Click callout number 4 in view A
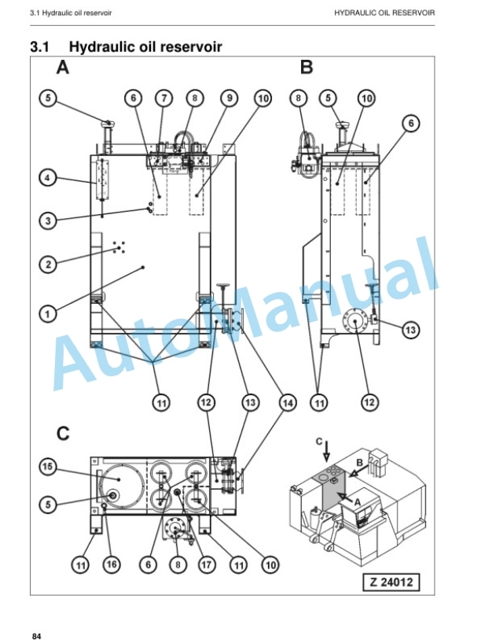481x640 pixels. tap(48, 178)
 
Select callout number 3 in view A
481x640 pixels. tap(48, 221)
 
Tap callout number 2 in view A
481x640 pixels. tap(48, 264)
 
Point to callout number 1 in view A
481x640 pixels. tap(48, 314)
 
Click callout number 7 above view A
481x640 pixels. tap(163, 98)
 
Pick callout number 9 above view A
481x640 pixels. tap(229, 98)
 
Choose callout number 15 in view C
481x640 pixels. tap(48, 466)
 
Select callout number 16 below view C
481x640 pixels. tap(112, 564)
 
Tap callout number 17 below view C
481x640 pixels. tap(206, 564)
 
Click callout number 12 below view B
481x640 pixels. tap(369, 402)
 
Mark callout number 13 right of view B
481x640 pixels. tap(410, 329)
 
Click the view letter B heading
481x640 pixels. tap(307, 67)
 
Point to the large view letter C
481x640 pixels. tap(63, 433)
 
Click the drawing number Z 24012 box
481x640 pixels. tap(391, 582)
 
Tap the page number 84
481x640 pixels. tap(37, 636)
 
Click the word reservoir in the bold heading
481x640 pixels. tap(191, 46)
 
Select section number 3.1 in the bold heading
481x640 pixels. tap(39, 46)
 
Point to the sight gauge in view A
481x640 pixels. tap(102, 179)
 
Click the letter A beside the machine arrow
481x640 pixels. tap(357, 503)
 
